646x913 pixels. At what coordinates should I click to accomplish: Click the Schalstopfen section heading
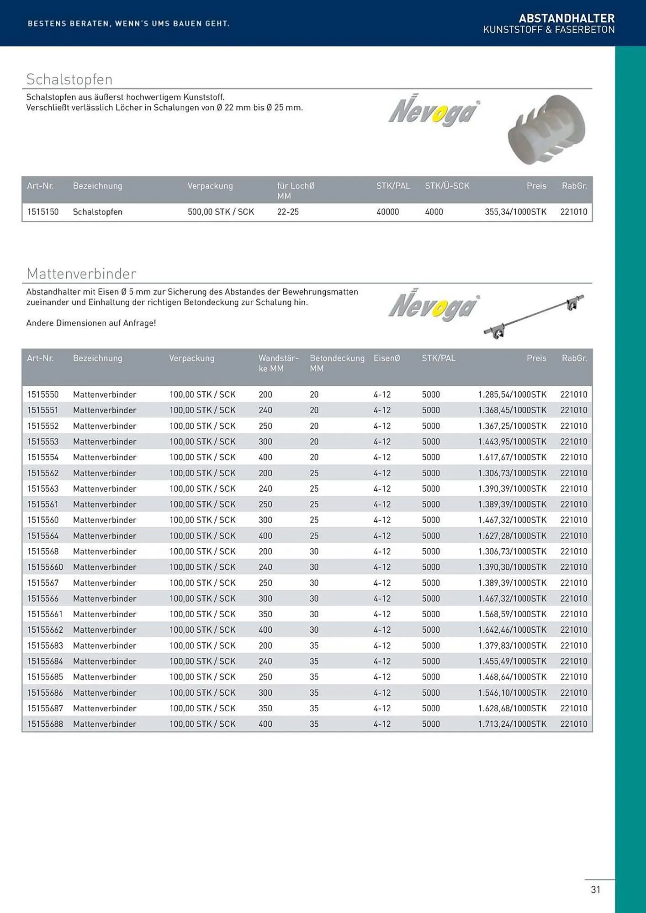coord(69,79)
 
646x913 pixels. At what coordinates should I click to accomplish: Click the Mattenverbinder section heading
coord(81,274)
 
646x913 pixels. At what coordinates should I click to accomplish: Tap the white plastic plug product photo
coord(546,130)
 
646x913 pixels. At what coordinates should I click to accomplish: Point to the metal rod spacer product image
coord(534,316)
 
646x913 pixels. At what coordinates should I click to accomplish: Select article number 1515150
coord(43,212)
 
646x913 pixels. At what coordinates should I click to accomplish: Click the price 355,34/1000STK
coord(515,212)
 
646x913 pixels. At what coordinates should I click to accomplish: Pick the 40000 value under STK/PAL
coord(387,212)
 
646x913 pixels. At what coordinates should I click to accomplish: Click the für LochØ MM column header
coord(296,190)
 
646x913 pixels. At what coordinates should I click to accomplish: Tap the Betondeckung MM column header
coord(337,363)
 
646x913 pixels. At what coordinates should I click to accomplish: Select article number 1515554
coord(43,457)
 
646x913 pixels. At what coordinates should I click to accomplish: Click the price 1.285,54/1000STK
coord(512,394)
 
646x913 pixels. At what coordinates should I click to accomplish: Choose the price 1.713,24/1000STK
coord(512,724)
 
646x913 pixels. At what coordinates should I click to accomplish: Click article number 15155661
coord(45,614)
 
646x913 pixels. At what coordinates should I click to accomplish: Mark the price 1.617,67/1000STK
coord(512,457)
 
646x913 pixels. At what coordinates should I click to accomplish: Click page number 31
coord(595,889)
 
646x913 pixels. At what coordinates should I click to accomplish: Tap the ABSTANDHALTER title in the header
coord(567,18)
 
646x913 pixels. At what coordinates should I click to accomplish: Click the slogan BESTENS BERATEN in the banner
coord(128,23)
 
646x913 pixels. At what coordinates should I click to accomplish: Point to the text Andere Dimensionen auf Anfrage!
coord(91,323)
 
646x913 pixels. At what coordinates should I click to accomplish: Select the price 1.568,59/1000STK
coord(512,614)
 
